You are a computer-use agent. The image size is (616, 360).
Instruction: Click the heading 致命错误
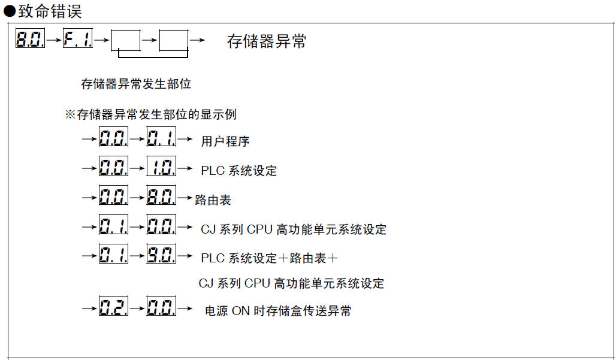tap(49, 11)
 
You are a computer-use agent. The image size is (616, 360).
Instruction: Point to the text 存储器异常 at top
tap(267, 41)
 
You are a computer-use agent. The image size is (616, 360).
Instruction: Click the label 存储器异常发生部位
tap(136, 84)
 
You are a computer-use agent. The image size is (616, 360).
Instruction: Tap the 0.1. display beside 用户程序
tap(161, 138)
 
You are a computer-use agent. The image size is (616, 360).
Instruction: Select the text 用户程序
tap(225, 141)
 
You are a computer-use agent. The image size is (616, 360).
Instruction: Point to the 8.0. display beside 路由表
tap(161, 196)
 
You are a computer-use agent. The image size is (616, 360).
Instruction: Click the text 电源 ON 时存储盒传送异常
tap(278, 311)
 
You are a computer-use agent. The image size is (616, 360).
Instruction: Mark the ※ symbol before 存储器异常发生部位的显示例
tap(70, 114)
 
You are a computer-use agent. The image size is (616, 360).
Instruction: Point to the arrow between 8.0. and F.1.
tap(54, 40)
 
